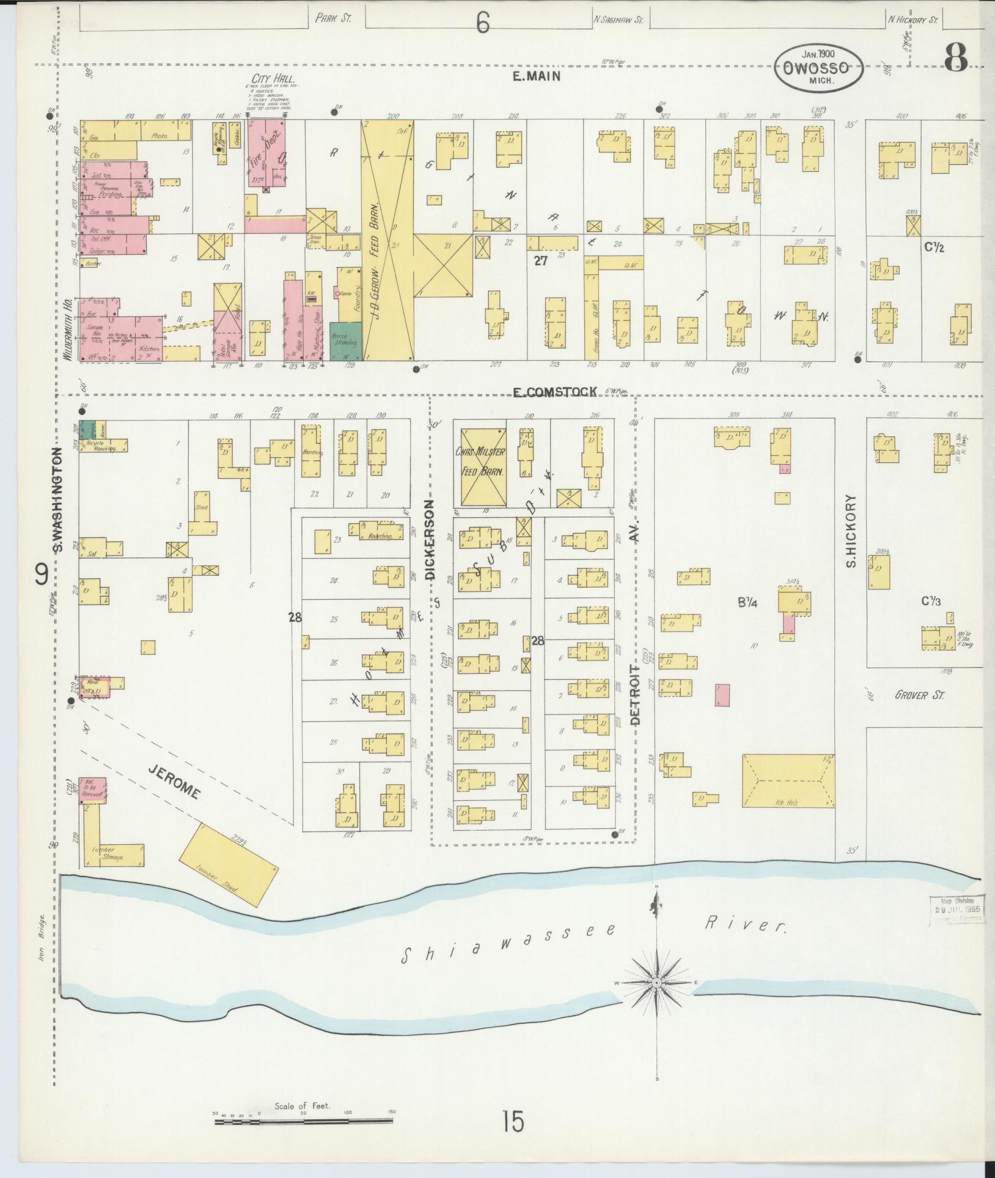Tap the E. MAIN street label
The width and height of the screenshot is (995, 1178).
(537, 76)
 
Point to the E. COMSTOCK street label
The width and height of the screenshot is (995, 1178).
(554, 392)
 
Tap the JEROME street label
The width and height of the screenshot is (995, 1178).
(174, 781)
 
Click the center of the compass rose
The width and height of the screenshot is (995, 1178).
(656, 982)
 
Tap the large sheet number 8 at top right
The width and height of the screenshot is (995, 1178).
(955, 59)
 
